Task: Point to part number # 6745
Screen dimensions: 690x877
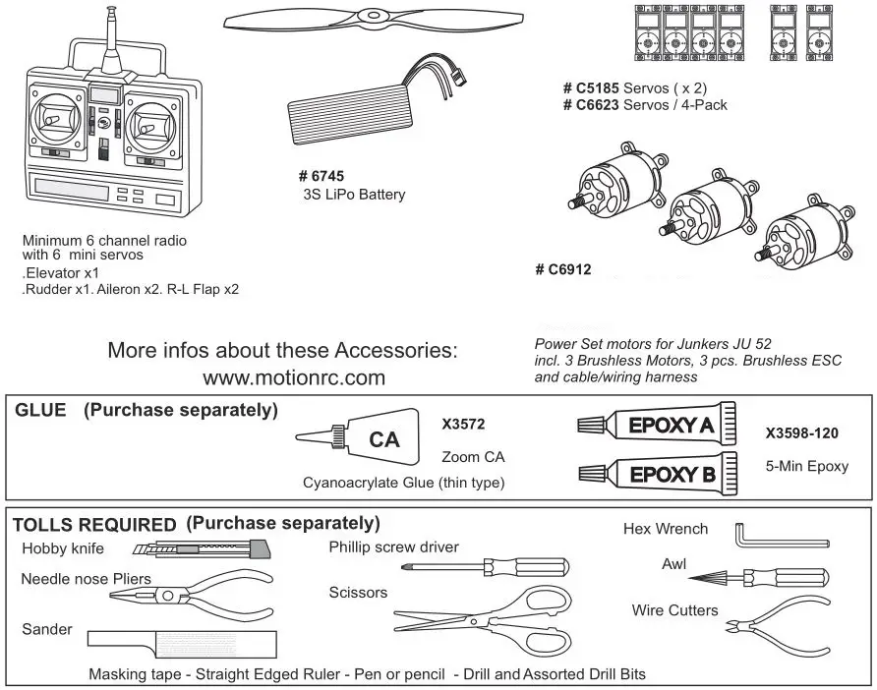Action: click(322, 176)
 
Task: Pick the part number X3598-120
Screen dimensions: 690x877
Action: click(801, 432)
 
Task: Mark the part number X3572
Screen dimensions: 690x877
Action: click(464, 425)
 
